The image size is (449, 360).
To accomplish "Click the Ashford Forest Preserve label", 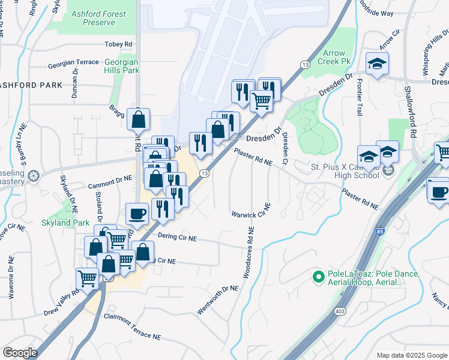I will tap(98, 18).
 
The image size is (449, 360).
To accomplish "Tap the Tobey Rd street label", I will tap(118, 44).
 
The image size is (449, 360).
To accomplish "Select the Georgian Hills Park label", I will tap(121, 66).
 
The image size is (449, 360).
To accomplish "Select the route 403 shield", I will tap(340, 311).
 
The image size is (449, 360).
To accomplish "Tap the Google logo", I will tap(20, 353).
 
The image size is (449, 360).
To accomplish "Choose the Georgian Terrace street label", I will tap(74, 62).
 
